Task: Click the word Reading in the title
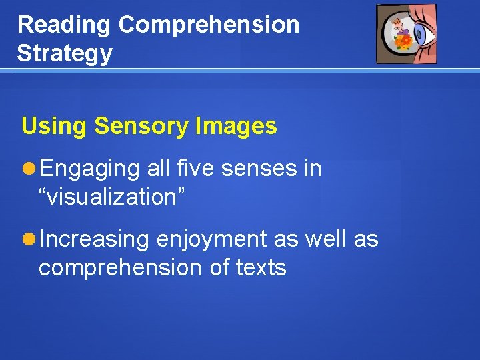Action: coord(64,25)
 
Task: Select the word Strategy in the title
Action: coord(65,53)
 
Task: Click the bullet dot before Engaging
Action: coord(30,169)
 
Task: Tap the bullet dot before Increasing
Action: coord(30,239)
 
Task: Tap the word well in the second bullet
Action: coord(325,239)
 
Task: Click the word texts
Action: coord(261,267)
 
